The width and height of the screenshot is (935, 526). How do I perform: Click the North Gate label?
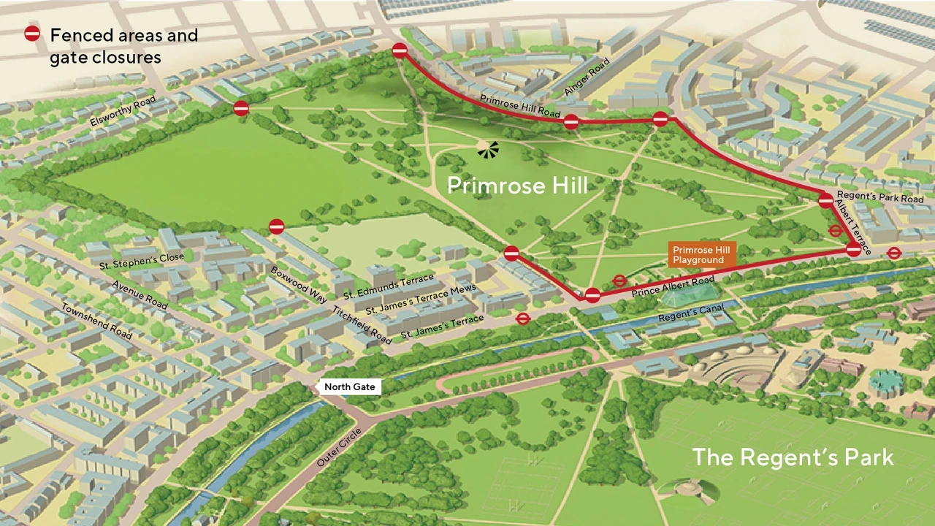coord(350,386)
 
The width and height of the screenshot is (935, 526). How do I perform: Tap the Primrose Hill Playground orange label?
coord(698,255)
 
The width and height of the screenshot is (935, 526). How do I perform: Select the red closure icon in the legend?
coord(32,34)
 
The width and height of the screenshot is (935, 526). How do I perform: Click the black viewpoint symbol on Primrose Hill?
coord(488,149)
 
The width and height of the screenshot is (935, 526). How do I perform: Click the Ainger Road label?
coord(587,77)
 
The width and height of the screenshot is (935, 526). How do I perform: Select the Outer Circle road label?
coord(340,447)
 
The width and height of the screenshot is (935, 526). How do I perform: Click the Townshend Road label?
coord(96,321)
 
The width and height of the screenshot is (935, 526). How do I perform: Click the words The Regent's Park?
coord(793,457)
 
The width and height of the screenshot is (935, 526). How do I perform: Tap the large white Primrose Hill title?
coord(516,186)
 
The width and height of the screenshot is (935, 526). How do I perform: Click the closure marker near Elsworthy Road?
coord(241,109)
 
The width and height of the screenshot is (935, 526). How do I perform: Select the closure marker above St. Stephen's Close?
coord(276,227)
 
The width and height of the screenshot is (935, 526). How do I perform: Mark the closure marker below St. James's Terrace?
coord(522,319)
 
